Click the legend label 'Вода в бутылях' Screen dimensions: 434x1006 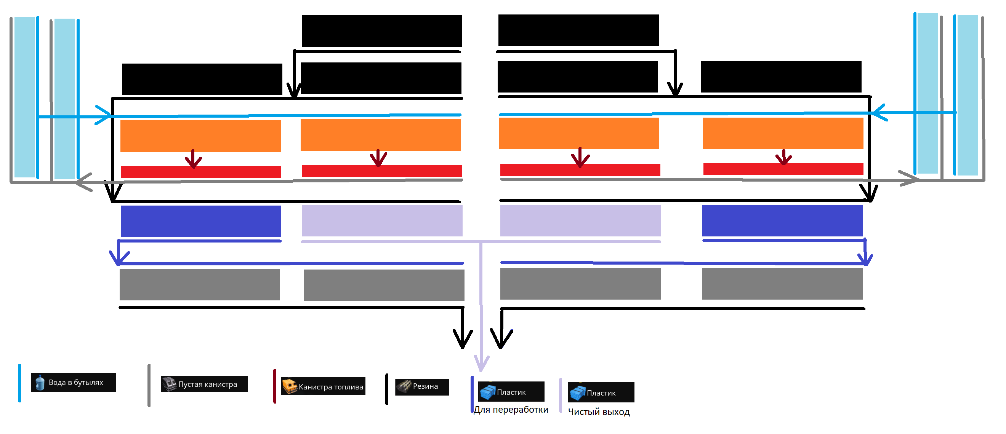pos(76,383)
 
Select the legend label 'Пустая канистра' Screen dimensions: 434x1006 pos(207,385)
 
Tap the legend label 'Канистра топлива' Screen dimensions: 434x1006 pos(331,387)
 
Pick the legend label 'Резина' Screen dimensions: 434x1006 pos(425,386)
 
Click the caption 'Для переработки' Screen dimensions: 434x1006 pos(511,410)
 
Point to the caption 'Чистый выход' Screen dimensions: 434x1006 pos(599,412)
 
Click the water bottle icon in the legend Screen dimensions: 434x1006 pos(40,383)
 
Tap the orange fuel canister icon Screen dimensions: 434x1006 pos(289,386)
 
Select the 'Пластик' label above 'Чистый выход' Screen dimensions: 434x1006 pos(601,393)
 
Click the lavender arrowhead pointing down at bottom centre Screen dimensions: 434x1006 pos(482,363)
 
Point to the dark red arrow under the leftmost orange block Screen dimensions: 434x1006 pos(193,159)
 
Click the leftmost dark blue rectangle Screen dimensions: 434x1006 pos(201,221)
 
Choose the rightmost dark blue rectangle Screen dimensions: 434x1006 pos(782,220)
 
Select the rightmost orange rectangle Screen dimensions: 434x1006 pos(783,134)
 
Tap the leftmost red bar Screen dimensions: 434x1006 pos(201,172)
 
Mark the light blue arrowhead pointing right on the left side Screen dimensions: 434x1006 pos(104,115)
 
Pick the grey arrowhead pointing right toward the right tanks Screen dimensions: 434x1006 pos(910,180)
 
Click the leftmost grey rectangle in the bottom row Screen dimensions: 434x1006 pos(200,284)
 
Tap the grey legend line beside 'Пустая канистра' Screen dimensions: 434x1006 pos(149,385)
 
